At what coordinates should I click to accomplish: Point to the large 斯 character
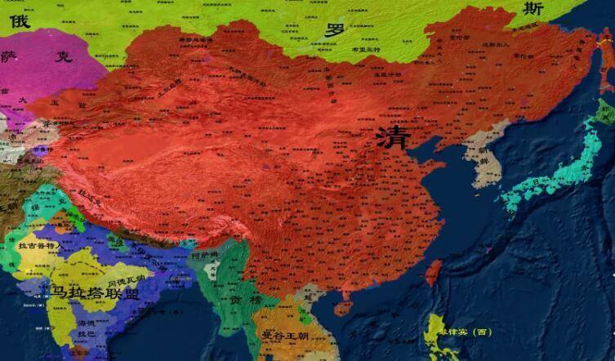click(x=533, y=10)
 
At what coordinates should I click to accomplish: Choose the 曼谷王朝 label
click(x=282, y=334)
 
